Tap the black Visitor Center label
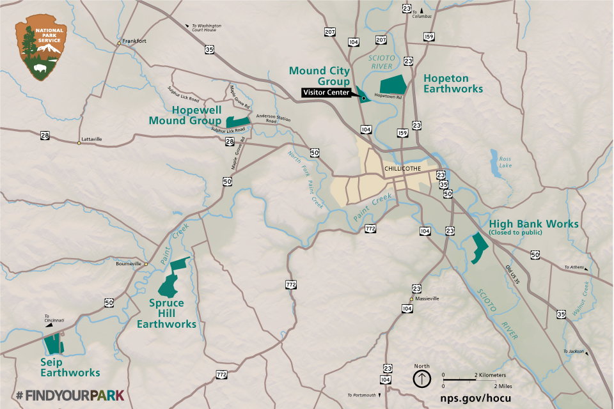(x=326, y=93)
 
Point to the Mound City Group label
(x=320, y=75)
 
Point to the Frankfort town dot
(x=119, y=43)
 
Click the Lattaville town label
(x=91, y=139)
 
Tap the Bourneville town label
(x=128, y=263)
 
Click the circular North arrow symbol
(x=421, y=378)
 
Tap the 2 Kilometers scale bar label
(x=489, y=374)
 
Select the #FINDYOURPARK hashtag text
(x=69, y=395)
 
